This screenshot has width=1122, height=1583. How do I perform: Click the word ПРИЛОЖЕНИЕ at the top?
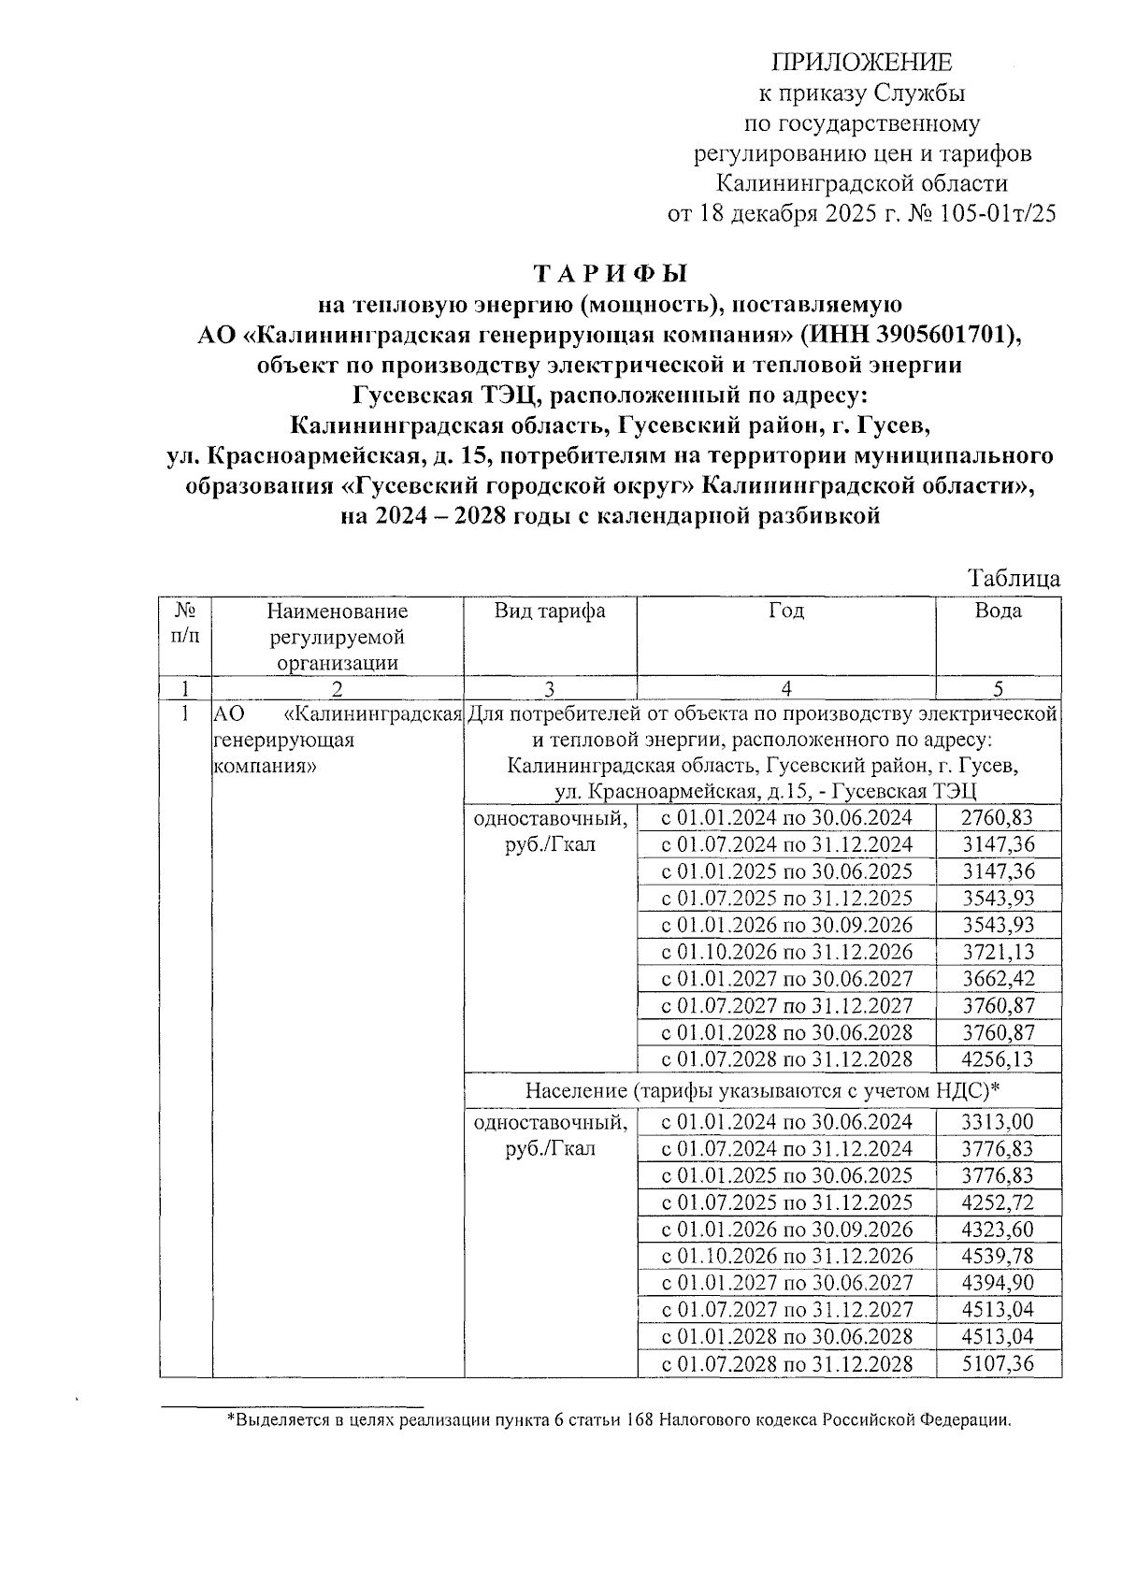pos(861,63)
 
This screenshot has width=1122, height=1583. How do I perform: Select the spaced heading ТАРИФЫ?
pos(610,274)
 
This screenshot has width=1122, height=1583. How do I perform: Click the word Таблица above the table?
pos(1014,579)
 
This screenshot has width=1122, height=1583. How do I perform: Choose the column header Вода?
pos(998,612)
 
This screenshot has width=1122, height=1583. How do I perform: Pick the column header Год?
pos(786,612)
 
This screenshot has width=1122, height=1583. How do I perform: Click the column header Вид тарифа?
pos(550,612)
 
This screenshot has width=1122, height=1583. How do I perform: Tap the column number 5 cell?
pos(998,689)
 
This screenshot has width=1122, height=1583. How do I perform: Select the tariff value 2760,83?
pos(998,818)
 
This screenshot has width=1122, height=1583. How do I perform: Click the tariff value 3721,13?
pos(998,953)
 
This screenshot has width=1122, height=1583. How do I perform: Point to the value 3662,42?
pos(998,979)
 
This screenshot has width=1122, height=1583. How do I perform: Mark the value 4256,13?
pos(998,1059)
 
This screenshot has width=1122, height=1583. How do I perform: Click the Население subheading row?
pos(762,1090)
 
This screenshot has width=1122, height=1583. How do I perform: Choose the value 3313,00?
pos(998,1122)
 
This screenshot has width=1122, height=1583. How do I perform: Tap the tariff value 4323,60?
pos(998,1230)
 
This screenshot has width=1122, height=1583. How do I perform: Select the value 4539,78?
pos(998,1256)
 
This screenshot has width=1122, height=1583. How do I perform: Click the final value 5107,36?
pos(998,1363)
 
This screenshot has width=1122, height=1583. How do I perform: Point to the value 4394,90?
pos(998,1283)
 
